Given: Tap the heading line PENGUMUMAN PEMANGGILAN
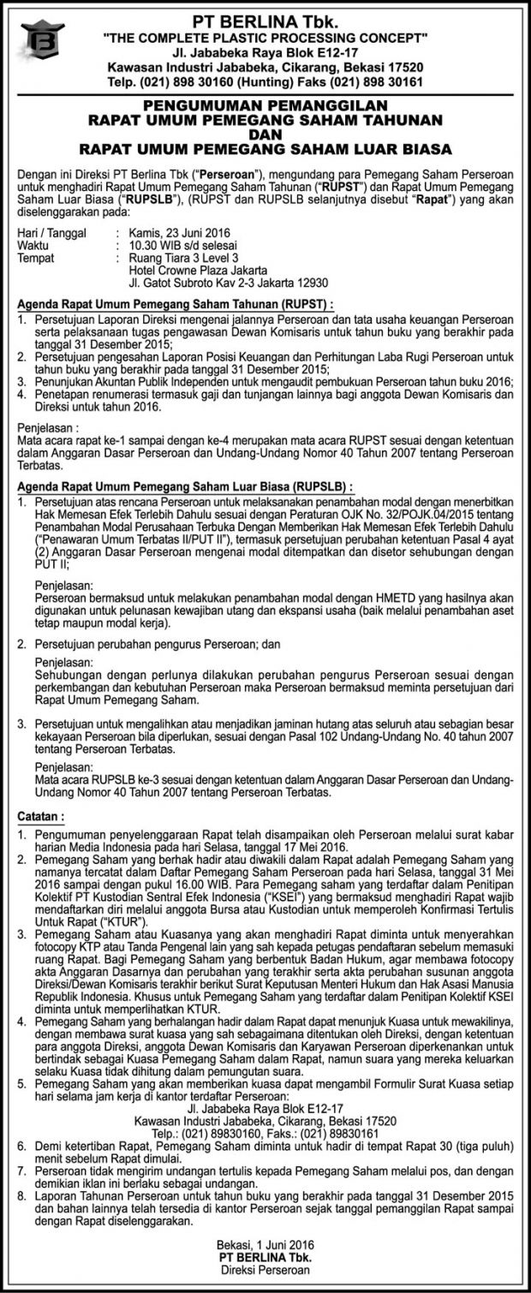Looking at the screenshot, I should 265,102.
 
